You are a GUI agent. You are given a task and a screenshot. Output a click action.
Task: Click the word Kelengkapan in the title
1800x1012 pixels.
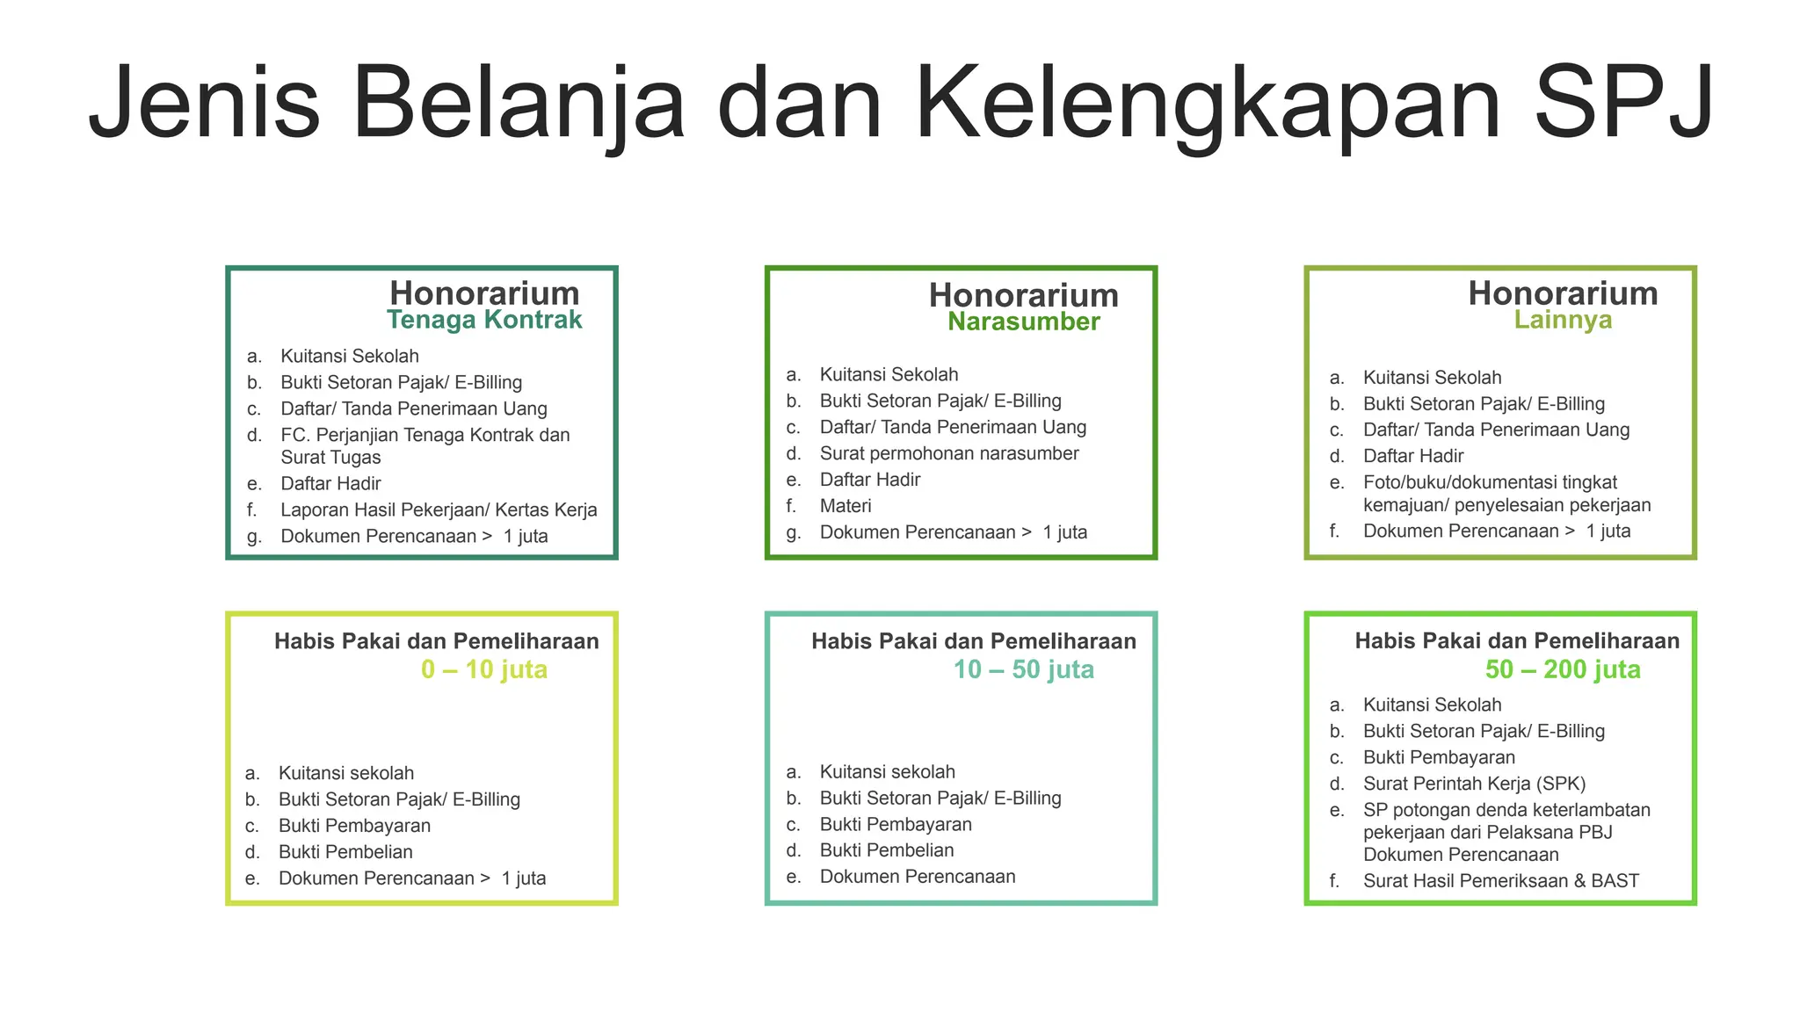coord(1208,104)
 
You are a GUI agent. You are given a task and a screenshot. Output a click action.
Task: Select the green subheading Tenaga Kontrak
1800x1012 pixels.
coord(484,320)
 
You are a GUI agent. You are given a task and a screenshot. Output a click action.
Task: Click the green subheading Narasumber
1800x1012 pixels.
coord(1023,322)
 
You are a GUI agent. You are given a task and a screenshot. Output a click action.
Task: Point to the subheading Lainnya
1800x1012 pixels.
coord(1563,320)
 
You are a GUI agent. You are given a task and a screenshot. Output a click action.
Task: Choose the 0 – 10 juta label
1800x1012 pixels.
coord(484,669)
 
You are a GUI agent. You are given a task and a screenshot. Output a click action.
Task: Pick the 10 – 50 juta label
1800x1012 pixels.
coord(1024,669)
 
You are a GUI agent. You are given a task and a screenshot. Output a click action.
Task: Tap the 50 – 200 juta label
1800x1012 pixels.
coord(1563,669)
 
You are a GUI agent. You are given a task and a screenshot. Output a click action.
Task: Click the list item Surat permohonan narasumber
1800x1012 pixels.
coord(949,453)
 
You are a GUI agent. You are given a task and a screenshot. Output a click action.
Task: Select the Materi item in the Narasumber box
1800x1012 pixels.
coord(846,506)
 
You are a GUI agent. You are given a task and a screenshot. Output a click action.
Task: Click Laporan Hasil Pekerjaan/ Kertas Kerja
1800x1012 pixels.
coord(439,510)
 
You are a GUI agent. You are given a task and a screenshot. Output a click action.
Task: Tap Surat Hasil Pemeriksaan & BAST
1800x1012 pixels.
coord(1500,881)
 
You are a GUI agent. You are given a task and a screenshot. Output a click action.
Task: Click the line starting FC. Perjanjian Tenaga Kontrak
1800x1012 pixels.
coord(425,436)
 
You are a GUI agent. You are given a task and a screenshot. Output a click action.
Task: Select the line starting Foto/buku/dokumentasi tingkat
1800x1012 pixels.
coord(1490,483)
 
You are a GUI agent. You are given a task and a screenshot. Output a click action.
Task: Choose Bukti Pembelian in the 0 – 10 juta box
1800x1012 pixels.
coord(345,852)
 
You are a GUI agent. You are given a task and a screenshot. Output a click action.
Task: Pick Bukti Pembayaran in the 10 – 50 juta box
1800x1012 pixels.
coord(896,825)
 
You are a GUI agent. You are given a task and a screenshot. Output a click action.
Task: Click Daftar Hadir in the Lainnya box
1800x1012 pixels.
coord(1413,457)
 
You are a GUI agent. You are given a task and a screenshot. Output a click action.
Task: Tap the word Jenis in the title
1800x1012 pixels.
coord(204,104)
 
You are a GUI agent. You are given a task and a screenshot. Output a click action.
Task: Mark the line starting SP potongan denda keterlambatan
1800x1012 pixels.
coord(1506,810)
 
